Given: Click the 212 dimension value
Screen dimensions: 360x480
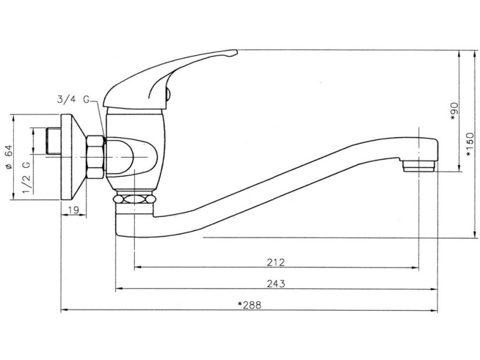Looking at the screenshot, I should tap(276, 262).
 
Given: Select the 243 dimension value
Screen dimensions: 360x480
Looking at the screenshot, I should tap(276, 283).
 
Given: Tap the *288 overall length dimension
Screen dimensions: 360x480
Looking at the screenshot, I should tap(249, 305).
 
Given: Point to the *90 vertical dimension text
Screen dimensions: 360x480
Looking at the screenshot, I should tap(455, 111).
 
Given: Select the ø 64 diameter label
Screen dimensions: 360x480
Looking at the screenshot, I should tap(9, 157).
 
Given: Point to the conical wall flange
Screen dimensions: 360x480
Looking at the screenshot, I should tap(74, 156).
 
